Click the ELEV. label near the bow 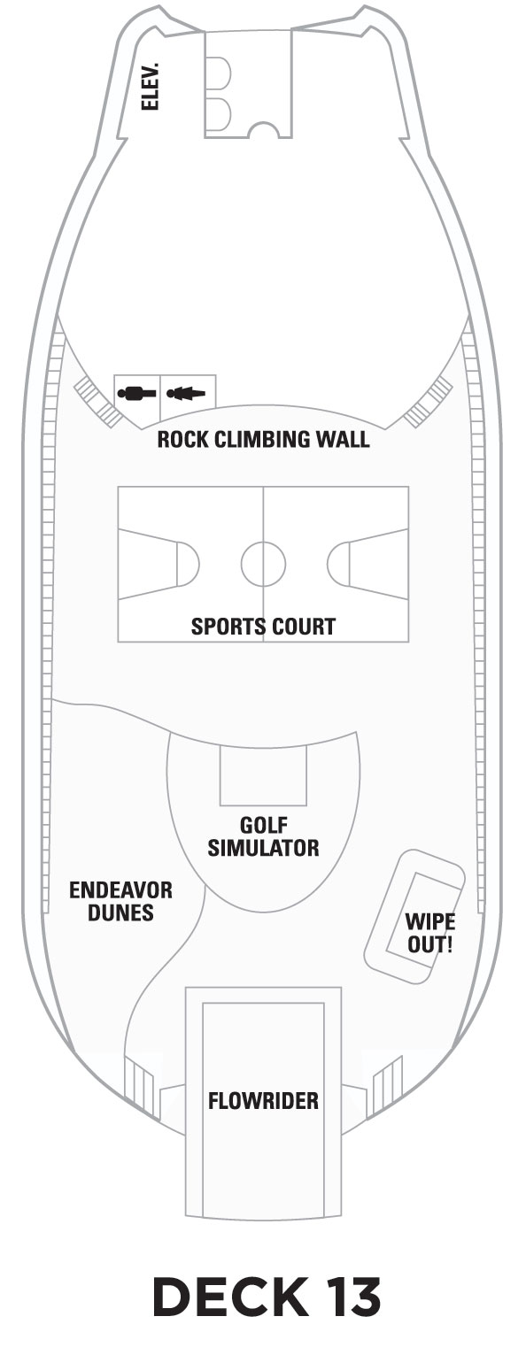coord(149,85)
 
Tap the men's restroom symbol coord(136,393)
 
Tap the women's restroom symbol coord(186,394)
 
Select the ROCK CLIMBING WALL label coord(263,439)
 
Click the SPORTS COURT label coord(263,626)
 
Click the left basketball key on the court coord(159,564)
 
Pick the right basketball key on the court coord(368,564)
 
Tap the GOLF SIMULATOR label coord(263,836)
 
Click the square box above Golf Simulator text coord(263,776)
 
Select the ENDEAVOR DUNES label coord(121,901)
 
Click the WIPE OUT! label coord(430,933)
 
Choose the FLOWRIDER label coord(263,1101)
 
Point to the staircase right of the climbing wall coord(429,401)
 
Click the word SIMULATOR coord(263,848)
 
